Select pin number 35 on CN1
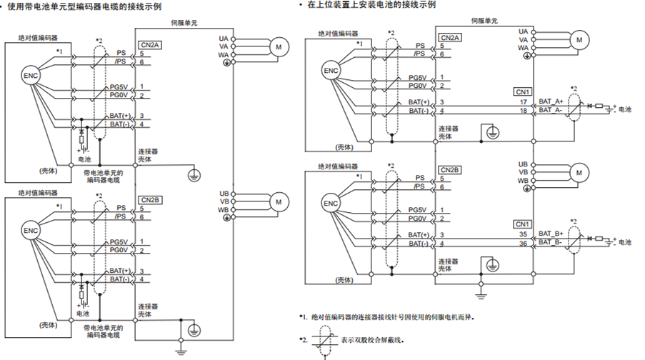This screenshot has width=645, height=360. coord(523,234)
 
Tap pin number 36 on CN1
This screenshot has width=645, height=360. coord(523,242)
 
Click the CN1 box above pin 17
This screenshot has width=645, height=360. coord(522,92)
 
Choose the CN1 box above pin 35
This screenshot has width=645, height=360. coord(522,224)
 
